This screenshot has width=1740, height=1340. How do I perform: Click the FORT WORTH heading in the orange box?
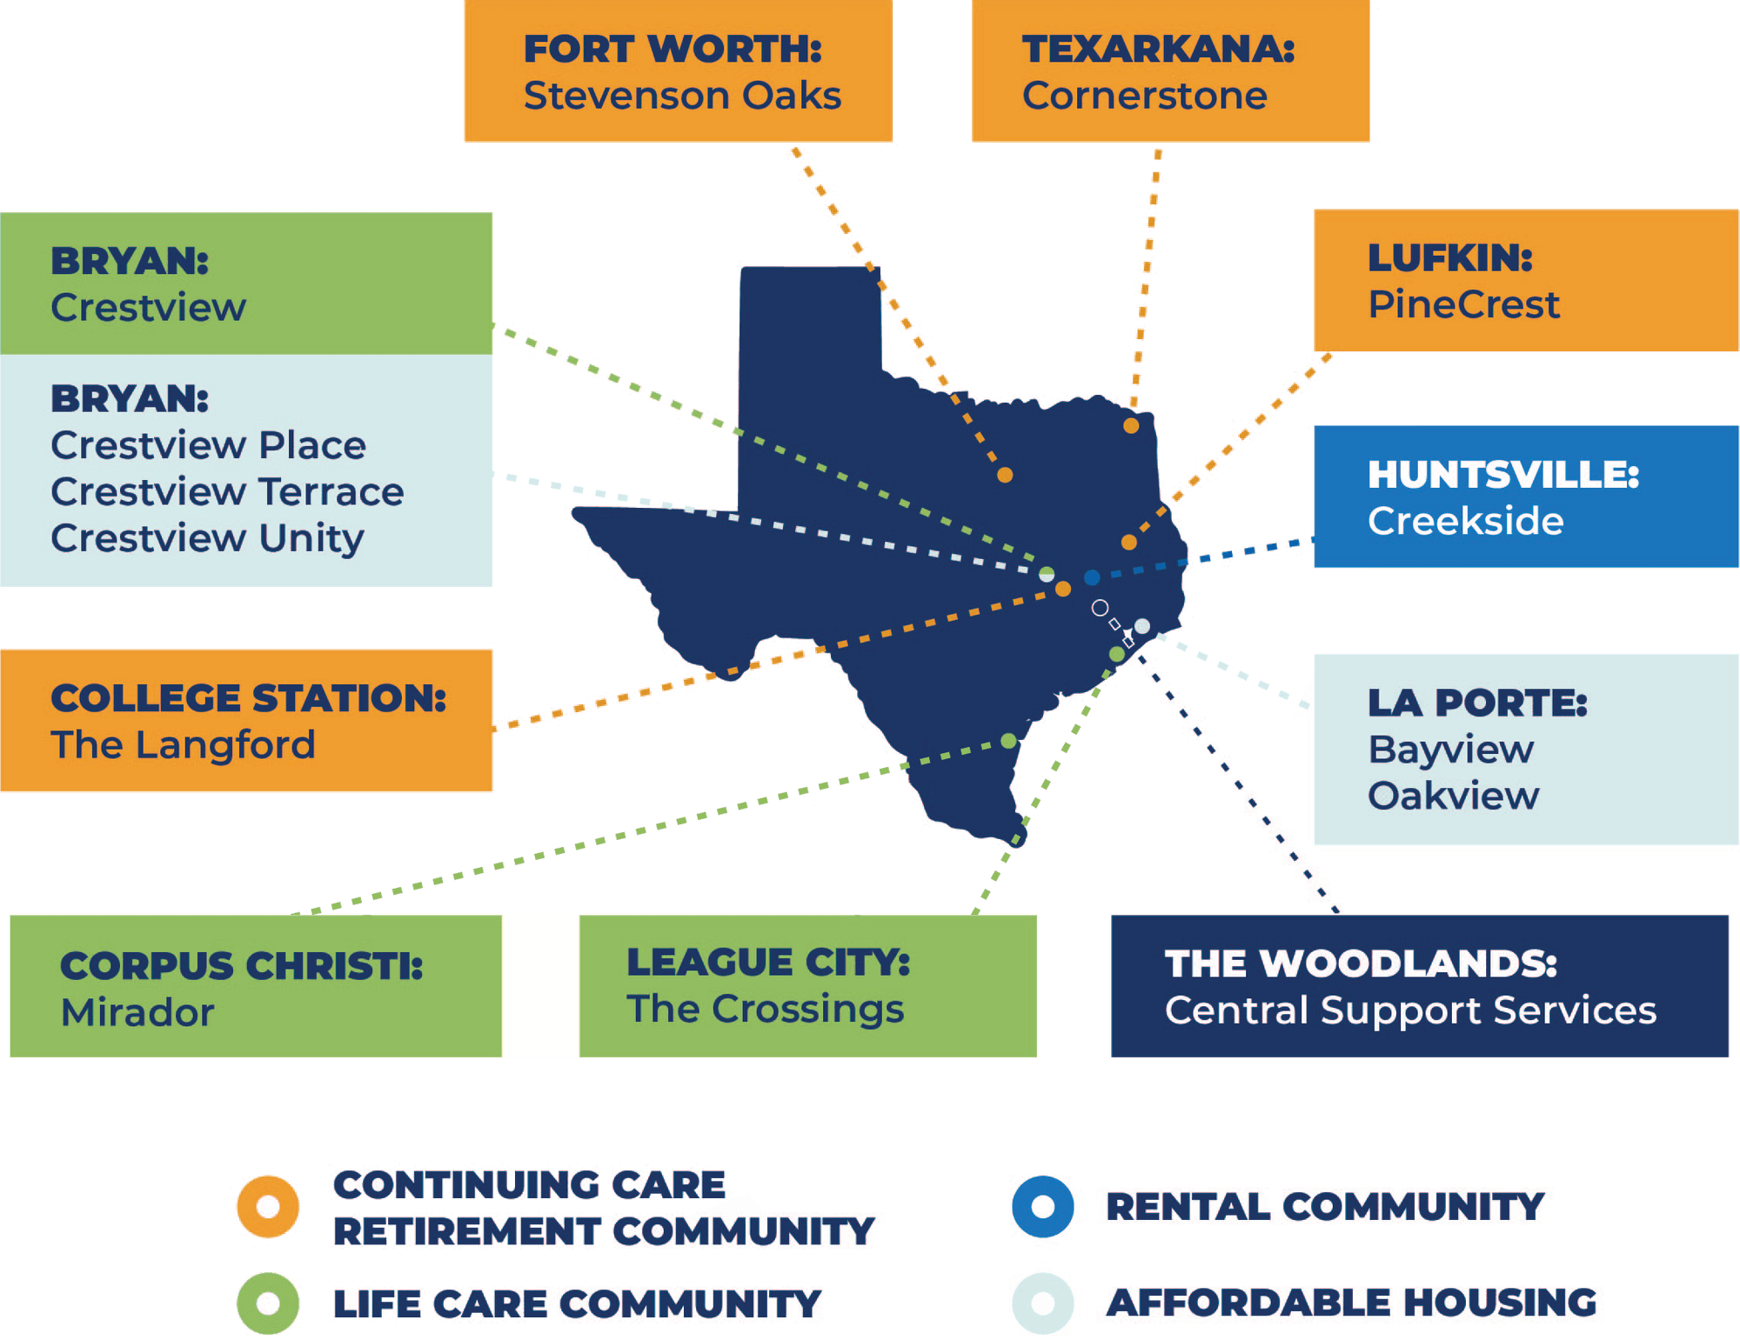[672, 49]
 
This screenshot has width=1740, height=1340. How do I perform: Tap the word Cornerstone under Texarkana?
[1144, 96]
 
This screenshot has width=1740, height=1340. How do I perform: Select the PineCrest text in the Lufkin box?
[1463, 304]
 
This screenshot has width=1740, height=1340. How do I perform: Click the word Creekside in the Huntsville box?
[1465, 521]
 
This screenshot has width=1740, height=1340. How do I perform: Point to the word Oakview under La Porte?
[1453, 796]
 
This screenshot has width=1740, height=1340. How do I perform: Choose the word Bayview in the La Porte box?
[1450, 750]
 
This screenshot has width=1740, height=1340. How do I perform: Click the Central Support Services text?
[1409, 1010]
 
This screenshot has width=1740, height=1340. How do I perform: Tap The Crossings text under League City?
[765, 1009]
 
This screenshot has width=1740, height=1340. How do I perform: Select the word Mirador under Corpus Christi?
[137, 1012]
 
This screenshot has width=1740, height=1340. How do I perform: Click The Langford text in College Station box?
[183, 745]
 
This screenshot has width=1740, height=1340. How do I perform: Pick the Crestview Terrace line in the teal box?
[227, 492]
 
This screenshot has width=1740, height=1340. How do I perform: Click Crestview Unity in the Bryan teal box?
[207, 538]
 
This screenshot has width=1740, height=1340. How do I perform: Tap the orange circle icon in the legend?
[268, 1207]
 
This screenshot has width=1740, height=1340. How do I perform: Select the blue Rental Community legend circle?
[1042, 1207]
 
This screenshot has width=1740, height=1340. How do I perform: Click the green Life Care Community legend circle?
[268, 1303]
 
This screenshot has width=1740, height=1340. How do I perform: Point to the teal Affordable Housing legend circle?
[1042, 1303]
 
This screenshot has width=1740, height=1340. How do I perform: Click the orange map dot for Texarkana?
[1131, 426]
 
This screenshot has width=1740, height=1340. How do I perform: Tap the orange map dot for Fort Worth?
[1005, 475]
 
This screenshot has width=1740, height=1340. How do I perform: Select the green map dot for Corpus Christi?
[1008, 741]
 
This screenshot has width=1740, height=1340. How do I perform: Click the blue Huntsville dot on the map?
[1092, 577]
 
